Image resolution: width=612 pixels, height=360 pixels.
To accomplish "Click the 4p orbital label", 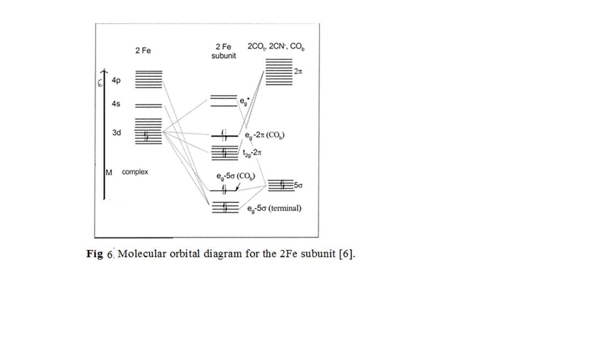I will click(116, 80).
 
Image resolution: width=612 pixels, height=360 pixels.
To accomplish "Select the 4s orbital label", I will click(116, 104).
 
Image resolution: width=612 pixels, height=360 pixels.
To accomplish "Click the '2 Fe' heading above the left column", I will click(143, 51).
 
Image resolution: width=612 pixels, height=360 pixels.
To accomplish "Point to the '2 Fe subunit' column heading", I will click(223, 51).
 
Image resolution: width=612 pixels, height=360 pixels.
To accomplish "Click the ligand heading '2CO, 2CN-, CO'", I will click(276, 47).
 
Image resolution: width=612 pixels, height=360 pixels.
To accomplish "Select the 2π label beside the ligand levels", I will click(298, 72).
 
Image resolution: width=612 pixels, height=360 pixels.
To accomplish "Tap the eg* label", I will click(244, 101).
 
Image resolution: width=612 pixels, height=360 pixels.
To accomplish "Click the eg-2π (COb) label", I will click(264, 135).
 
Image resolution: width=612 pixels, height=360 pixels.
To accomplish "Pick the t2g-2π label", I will click(252, 153).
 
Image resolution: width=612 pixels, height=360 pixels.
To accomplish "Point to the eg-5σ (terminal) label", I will click(274, 208).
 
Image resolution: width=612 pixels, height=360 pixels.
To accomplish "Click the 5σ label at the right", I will click(298, 186).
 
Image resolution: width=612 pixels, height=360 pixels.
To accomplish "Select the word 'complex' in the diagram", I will click(135, 172).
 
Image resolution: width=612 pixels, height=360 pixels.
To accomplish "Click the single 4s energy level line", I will click(149, 106).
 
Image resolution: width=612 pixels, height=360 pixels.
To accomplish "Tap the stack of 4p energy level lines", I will click(149, 79).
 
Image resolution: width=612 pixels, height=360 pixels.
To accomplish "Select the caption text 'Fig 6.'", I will click(101, 254).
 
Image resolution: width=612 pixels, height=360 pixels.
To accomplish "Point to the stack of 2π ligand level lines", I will click(279, 72).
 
